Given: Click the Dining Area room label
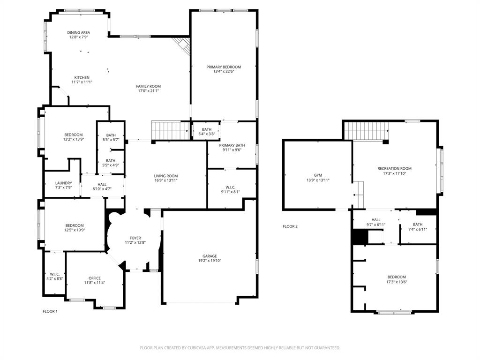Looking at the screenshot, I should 78,32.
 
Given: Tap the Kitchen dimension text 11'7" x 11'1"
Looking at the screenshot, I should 82,82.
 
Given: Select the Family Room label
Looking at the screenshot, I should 148,86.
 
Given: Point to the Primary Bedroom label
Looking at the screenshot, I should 223,67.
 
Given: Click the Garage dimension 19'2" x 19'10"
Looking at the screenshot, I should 210,261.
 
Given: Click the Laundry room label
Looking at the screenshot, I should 63,183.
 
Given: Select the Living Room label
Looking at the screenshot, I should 166,176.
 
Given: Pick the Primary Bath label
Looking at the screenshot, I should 232,145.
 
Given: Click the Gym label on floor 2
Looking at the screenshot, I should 317,175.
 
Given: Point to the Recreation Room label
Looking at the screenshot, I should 394,168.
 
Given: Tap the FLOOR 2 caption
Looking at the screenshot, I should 290,226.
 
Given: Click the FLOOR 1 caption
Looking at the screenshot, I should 50,311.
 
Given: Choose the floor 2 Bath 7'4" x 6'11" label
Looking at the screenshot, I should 418,225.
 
